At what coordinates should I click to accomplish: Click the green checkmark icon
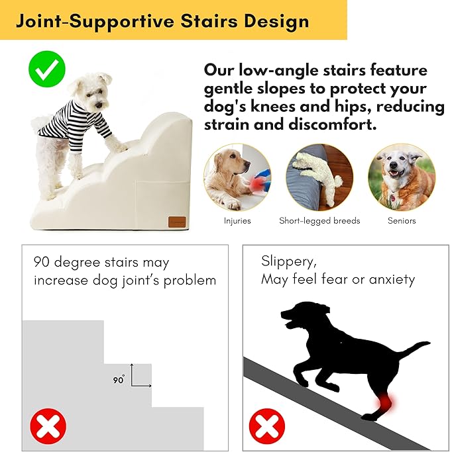[x=48, y=68]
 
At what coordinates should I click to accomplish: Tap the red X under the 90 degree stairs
[x=48, y=426]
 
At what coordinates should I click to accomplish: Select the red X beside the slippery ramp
[x=266, y=426]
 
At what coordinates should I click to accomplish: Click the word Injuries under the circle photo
[x=237, y=220]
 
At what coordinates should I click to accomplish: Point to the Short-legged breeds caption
[x=319, y=220]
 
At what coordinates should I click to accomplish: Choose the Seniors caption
[x=402, y=220]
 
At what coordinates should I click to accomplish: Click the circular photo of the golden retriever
[x=237, y=177]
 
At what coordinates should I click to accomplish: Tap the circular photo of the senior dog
[x=402, y=177]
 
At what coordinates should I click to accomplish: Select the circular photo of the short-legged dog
[x=319, y=177]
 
